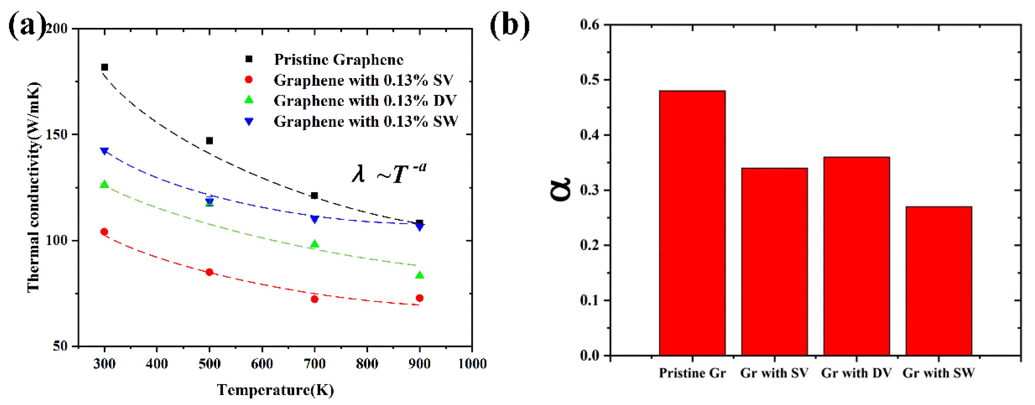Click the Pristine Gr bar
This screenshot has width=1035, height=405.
coord(692,223)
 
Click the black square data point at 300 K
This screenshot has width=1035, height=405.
coord(104,67)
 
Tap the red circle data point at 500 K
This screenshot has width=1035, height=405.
coord(209,272)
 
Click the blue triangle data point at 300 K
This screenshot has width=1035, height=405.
coord(104,151)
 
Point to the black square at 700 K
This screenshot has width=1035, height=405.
coord(315,196)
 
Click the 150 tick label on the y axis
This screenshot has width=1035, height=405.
coord(56,134)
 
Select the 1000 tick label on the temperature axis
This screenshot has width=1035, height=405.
coord(472,364)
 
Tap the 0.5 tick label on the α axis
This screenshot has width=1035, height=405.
coord(589,80)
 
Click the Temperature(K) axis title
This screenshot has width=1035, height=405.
coord(275,390)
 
